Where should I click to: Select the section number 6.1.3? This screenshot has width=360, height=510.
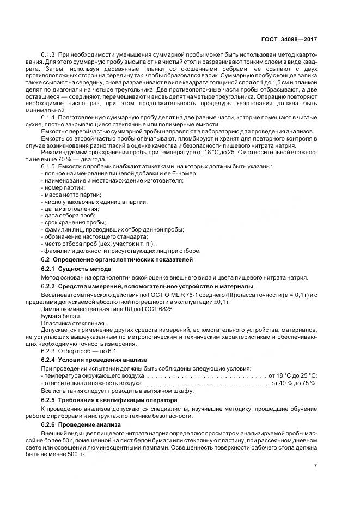[x=50, y=55]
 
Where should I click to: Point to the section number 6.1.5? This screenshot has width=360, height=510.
[x=50, y=166]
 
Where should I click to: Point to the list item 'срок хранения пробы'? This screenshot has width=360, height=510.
[x=74, y=222]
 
